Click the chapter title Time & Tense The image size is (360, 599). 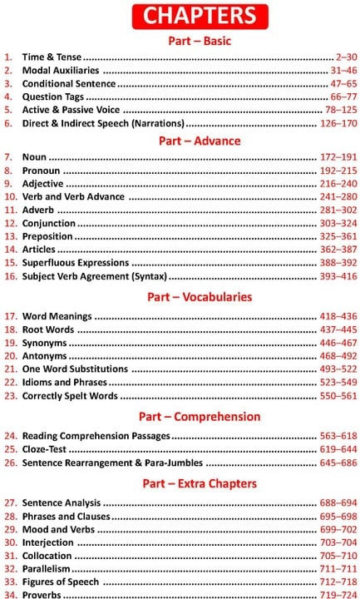52,57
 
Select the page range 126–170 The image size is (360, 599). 338,123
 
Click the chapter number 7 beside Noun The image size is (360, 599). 7,157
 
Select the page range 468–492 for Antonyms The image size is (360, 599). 338,356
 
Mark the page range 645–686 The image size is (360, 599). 338,463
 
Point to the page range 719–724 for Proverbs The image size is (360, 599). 338,596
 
